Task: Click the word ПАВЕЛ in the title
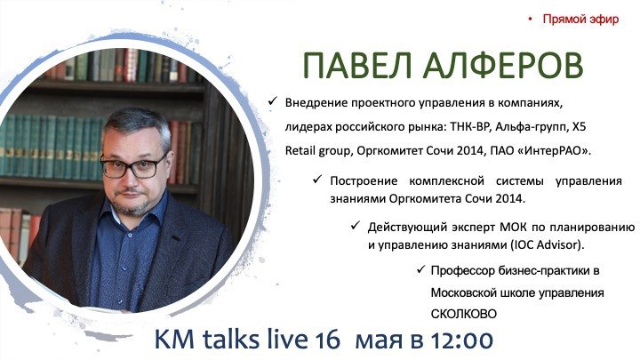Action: (x=357, y=65)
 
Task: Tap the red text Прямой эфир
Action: (x=580, y=20)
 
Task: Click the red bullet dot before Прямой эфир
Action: (x=530, y=19)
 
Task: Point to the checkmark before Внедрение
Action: (x=272, y=100)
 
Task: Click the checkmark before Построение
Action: (x=317, y=180)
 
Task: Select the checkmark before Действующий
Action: (x=355, y=225)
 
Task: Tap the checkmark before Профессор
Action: (x=420, y=269)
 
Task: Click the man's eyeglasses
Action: (x=133, y=167)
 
